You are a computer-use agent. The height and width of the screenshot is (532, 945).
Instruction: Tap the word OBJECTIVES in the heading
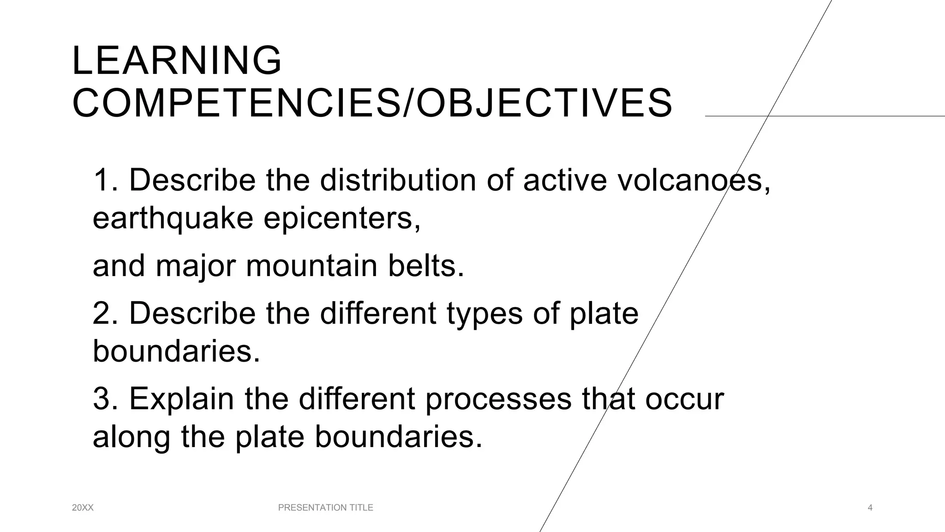click(x=544, y=103)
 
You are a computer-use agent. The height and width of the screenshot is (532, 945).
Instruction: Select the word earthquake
click(x=173, y=218)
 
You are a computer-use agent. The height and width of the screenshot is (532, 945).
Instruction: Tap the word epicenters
click(x=342, y=218)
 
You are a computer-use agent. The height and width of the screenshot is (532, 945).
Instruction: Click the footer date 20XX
click(x=83, y=508)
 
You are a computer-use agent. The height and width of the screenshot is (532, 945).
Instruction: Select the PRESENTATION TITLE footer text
click(x=326, y=508)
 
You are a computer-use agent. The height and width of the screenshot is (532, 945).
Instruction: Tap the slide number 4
click(x=870, y=508)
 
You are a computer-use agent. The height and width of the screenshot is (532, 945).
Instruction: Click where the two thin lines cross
click(x=767, y=116)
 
